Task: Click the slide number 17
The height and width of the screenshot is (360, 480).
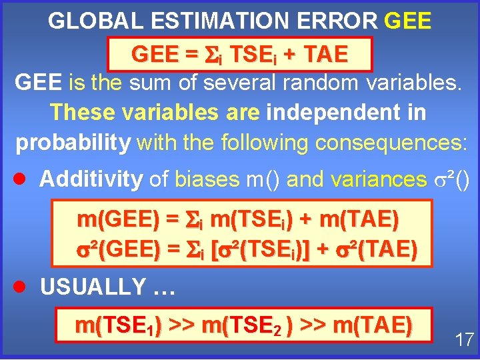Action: coord(464,339)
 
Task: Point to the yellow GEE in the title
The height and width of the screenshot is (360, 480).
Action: coord(408,21)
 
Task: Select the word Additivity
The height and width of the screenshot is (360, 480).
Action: coord(91,179)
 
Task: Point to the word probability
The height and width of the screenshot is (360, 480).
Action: coord(73,143)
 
